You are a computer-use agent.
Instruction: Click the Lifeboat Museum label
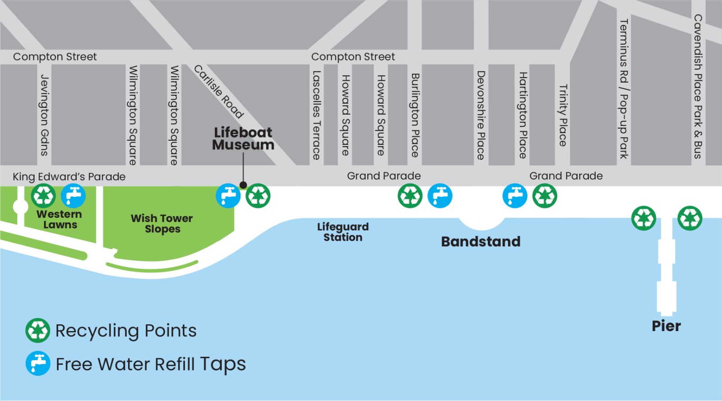[243, 138]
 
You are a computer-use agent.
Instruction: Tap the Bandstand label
[481, 242]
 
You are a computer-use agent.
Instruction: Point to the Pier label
[666, 326]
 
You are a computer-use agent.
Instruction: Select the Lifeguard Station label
[343, 232]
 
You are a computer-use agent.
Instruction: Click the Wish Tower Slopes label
[162, 224]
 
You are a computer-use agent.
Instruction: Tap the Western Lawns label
[60, 219]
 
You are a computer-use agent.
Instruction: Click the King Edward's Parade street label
[69, 176]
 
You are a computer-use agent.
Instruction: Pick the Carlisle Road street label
[219, 92]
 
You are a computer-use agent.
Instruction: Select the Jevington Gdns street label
[44, 115]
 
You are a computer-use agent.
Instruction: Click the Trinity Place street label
[563, 115]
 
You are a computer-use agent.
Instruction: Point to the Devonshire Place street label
[481, 115]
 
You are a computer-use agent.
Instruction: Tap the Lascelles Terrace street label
[316, 115]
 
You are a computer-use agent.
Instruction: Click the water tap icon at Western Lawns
[73, 196]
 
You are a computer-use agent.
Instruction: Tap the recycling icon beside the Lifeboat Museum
[258, 196]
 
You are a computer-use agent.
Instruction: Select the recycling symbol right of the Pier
[690, 218]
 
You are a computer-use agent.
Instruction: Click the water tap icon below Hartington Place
[514, 196]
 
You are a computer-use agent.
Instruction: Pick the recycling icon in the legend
[37, 331]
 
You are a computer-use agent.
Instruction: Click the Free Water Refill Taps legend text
[151, 364]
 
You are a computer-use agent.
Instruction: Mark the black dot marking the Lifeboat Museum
[243, 185]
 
